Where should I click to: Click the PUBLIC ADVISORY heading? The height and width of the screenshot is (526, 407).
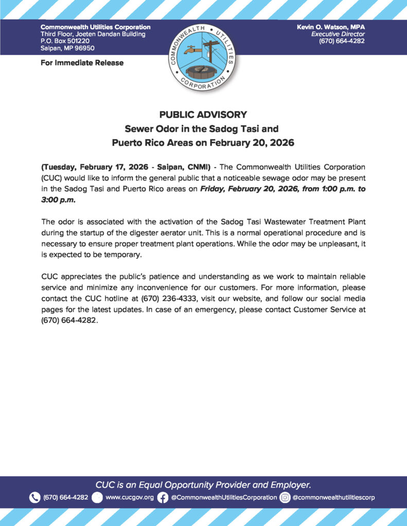point(203,114)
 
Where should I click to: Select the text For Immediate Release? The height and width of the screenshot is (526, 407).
point(82,63)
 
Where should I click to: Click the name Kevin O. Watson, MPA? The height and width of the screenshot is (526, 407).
point(331,27)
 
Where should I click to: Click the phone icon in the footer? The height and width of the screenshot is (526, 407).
point(34,497)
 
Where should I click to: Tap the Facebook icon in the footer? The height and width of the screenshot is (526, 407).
point(163,497)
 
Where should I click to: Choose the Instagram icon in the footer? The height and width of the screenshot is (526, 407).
point(285,497)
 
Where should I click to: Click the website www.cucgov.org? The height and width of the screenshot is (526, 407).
point(129,497)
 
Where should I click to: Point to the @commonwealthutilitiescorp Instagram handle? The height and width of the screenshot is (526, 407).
point(333,497)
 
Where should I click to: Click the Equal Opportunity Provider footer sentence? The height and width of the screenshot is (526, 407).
point(203,484)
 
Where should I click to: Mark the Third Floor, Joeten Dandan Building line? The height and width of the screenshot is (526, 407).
point(93,34)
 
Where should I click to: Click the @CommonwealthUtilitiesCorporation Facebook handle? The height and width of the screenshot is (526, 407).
point(224,497)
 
